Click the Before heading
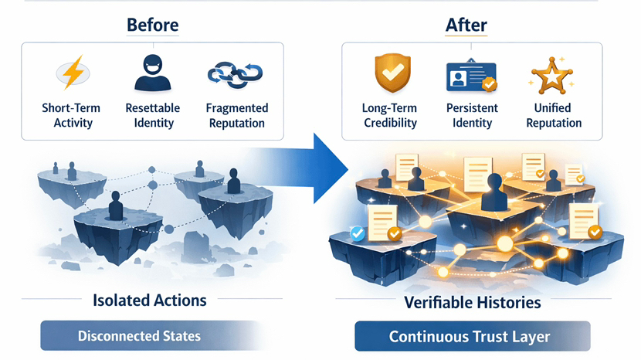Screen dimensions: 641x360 [x=152, y=25]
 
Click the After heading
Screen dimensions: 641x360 [x=466, y=25]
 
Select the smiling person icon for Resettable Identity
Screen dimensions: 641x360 [x=152, y=73]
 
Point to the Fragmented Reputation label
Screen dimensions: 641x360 [x=237, y=115]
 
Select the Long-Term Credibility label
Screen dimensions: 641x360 [x=389, y=115]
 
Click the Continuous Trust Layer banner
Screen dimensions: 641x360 [x=472, y=337]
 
